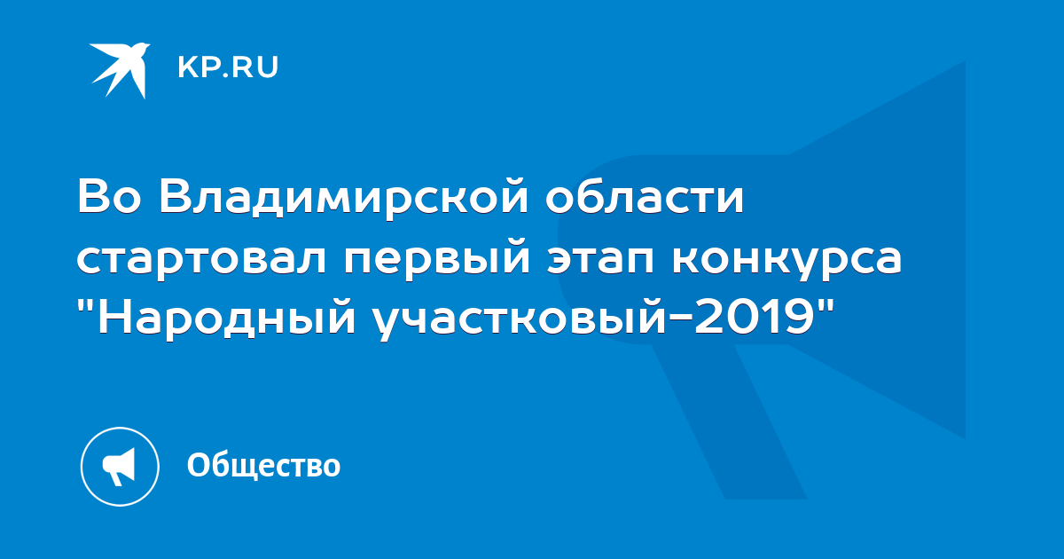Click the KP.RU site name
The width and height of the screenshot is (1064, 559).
pos(228,67)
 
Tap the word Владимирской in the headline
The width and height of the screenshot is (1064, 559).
pos(343,197)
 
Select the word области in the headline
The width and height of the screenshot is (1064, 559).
pos(644,196)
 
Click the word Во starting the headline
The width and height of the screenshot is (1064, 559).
pos(110,196)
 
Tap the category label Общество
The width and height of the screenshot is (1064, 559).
pos(263,465)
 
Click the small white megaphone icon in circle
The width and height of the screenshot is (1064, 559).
pos(120,467)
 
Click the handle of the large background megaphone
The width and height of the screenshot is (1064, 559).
pos(729,421)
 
